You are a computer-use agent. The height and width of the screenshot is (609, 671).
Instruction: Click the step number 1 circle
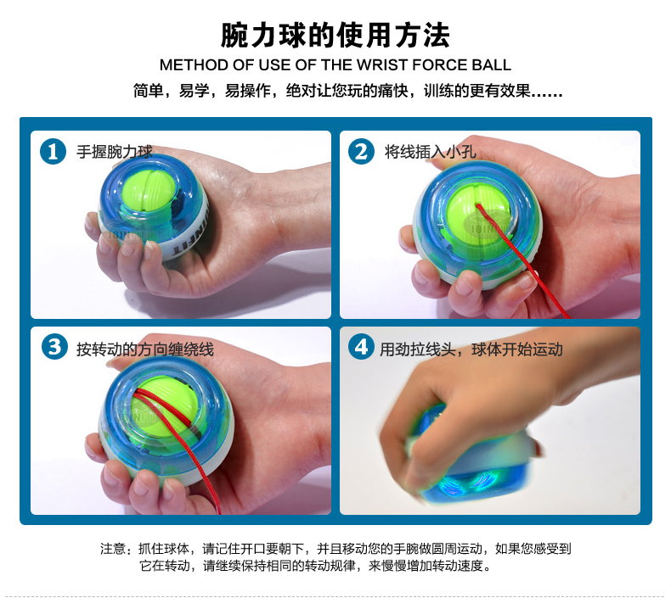point(53,151)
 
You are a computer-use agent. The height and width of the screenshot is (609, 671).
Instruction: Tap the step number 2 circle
point(361,151)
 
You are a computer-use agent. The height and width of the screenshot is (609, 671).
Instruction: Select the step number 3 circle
point(54,347)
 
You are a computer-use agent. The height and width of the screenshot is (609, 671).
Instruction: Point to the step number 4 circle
point(361,347)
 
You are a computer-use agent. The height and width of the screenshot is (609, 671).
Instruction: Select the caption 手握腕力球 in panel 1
point(115,152)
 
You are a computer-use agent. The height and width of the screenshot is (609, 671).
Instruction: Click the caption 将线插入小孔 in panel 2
point(430,152)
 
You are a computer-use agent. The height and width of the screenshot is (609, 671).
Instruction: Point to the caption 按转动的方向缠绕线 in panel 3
point(145,349)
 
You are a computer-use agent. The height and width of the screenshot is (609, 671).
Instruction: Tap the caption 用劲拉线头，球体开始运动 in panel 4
point(471,349)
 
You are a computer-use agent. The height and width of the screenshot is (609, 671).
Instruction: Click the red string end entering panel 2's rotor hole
point(478,205)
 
